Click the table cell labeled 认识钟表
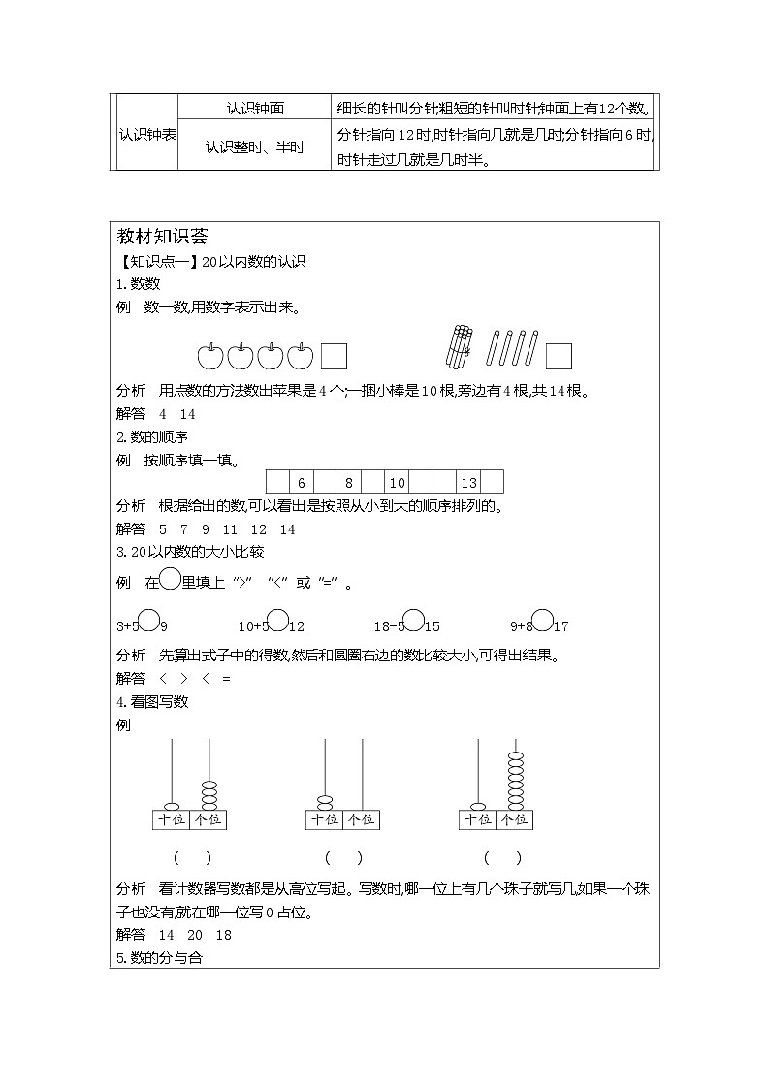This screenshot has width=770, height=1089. coord(146,134)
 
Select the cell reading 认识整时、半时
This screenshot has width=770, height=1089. coord(255,147)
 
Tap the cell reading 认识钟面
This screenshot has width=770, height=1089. coord(255,109)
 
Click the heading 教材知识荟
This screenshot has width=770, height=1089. coord(157,238)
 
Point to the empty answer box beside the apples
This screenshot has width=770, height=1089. coord(335,356)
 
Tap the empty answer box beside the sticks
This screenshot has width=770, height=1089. coord(558,356)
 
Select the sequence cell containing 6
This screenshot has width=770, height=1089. coord(302,482)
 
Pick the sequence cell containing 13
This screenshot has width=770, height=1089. coord(468,482)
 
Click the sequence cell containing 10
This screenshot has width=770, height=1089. coord(397,482)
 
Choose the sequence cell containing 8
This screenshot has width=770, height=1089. coord(349,482)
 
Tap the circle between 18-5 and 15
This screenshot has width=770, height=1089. coord(413,621)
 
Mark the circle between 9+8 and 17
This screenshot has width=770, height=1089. coord(543,621)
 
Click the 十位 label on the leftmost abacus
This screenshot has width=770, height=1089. coord(169,819)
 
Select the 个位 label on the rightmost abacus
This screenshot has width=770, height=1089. coord(514,819)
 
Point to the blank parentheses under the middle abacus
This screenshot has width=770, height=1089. coord(343,857)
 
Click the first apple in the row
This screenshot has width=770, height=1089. coord(210,356)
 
